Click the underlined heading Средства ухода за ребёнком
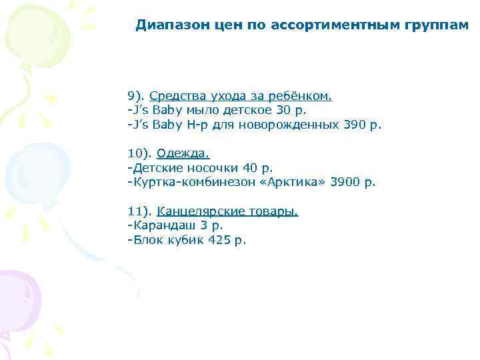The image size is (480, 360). (x=241, y=96)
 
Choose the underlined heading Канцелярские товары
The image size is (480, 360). (x=227, y=211)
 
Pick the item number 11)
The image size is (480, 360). (x=139, y=211)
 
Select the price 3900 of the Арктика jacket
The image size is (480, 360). (x=346, y=182)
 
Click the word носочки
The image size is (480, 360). (x=203, y=168)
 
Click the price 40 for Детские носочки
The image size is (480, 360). (x=251, y=168)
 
